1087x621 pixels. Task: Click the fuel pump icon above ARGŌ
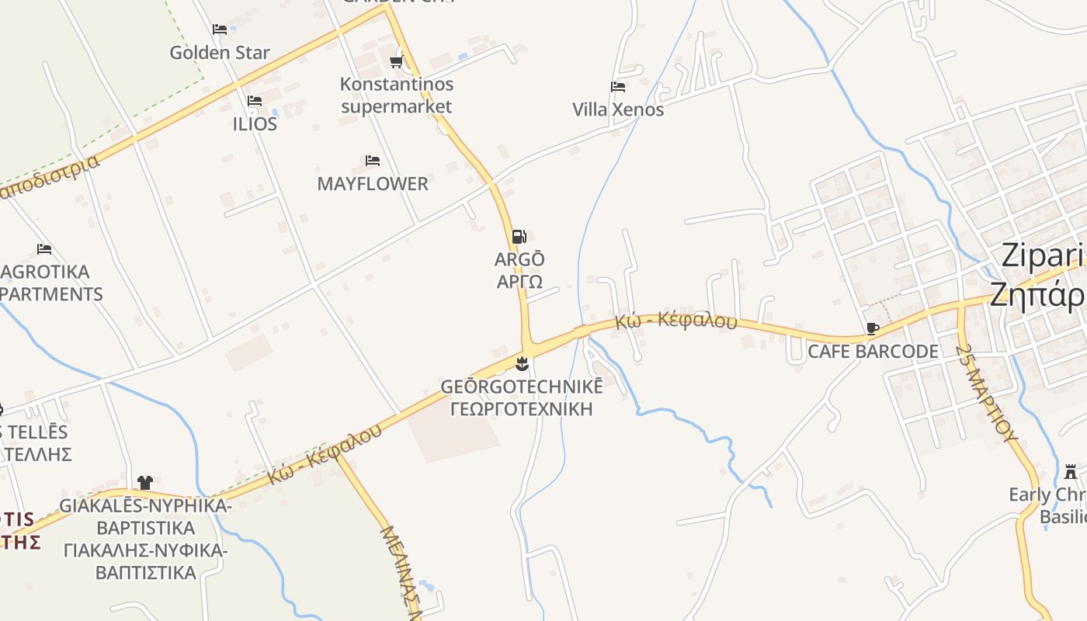click(519, 237)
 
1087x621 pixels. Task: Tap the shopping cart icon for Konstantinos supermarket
click(397, 61)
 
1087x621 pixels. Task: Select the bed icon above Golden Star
click(220, 29)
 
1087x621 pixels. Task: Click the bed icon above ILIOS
click(254, 101)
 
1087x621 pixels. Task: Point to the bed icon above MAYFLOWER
click(373, 161)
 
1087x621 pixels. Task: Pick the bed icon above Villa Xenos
click(618, 87)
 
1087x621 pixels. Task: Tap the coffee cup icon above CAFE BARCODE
click(873, 328)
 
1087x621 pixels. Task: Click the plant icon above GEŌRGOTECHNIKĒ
click(522, 363)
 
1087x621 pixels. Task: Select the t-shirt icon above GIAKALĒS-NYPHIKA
click(145, 483)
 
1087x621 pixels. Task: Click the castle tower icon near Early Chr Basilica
click(1071, 471)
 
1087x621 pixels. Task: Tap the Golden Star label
click(220, 53)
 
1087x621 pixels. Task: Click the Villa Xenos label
click(618, 109)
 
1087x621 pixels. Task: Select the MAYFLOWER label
click(373, 184)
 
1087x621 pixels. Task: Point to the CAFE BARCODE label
click(873, 352)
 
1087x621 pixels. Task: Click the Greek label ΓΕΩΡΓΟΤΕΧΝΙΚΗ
click(521, 409)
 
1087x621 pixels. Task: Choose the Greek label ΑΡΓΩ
click(519, 281)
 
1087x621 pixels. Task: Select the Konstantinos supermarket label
click(397, 95)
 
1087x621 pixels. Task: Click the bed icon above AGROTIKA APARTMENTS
click(44, 249)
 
